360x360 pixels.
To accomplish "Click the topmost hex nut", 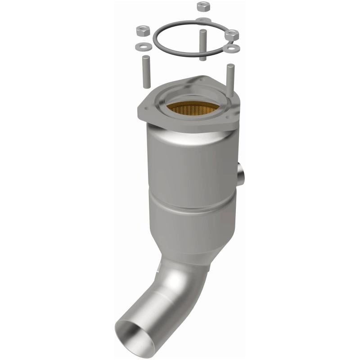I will click(202, 7).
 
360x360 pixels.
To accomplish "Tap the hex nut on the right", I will click(232, 34).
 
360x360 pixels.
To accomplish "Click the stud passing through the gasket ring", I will click(203, 45).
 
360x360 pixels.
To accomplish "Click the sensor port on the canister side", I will click(240, 173).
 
